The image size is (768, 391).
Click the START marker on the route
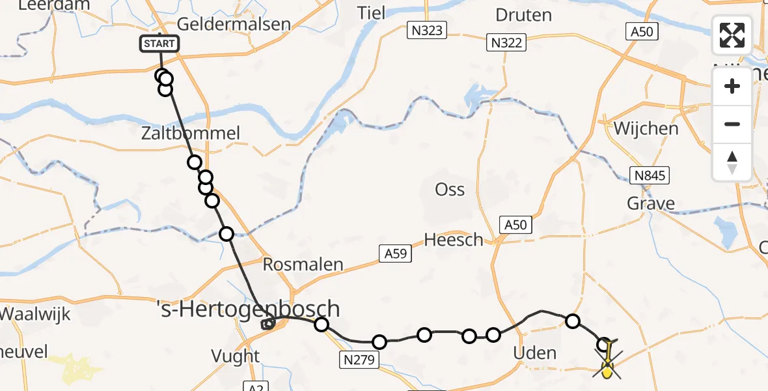pos(159,44)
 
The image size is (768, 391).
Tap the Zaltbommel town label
pos(191,134)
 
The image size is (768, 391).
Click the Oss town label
pos(450,190)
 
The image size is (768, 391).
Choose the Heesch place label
pos(454,240)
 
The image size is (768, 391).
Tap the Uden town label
pos(536,354)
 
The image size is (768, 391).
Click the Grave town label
pos(651,204)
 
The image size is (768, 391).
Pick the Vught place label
pos(236,356)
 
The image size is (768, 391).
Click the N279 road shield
pos(359,358)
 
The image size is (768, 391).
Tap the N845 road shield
pos(649,175)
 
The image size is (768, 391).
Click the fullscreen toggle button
pos(732,35)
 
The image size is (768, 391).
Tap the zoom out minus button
pos(732,124)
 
